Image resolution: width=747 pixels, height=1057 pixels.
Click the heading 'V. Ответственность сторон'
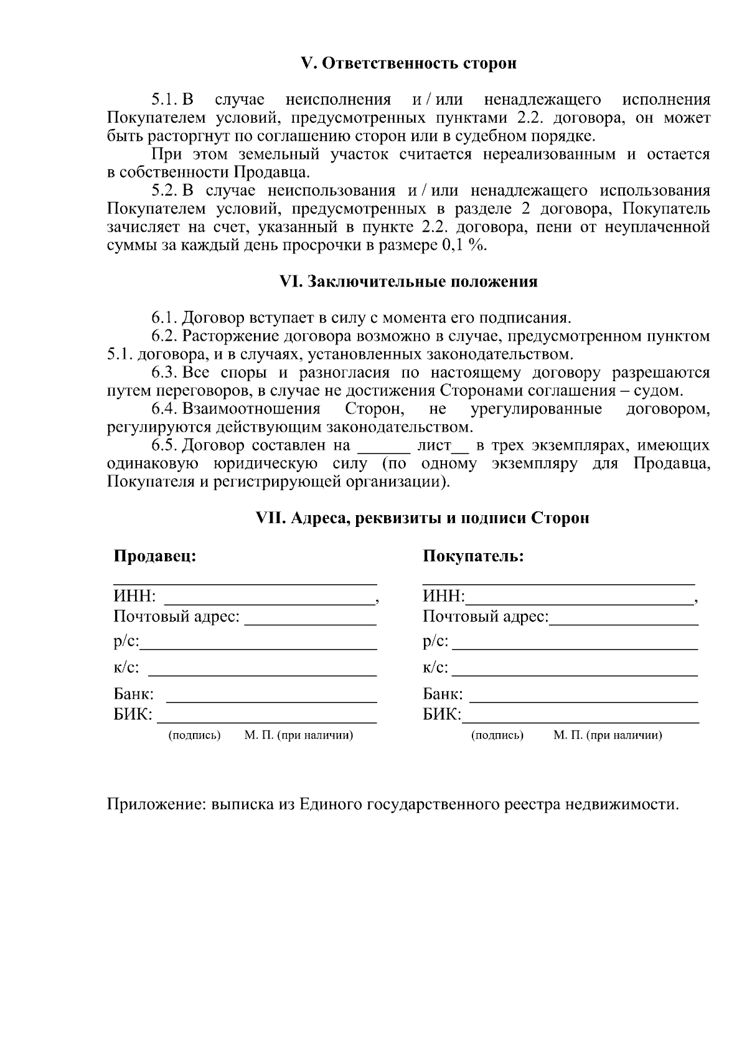pyautogui.click(x=408, y=64)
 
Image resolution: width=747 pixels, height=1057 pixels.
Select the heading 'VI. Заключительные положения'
pyautogui.click(x=408, y=282)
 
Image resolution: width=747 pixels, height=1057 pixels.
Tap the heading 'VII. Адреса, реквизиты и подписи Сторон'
pyautogui.click(x=423, y=518)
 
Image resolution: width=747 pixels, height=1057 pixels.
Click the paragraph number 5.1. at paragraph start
pyautogui.click(x=165, y=100)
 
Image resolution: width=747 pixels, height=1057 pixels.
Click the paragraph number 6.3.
pyautogui.click(x=165, y=373)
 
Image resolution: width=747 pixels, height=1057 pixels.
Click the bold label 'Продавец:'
pyautogui.click(x=154, y=556)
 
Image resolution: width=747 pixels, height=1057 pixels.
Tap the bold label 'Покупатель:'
pyautogui.click(x=473, y=556)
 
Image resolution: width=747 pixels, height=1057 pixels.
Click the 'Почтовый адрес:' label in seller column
pyautogui.click(x=176, y=617)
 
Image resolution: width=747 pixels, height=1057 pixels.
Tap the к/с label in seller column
pyautogui.click(x=126, y=668)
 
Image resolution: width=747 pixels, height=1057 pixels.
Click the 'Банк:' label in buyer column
pyautogui.click(x=443, y=694)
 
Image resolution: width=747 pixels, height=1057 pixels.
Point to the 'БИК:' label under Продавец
pyautogui.click(x=133, y=714)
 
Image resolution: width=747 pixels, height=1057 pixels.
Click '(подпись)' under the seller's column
pyautogui.click(x=194, y=736)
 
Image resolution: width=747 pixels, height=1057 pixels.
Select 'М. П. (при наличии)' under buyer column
pyautogui.click(x=608, y=736)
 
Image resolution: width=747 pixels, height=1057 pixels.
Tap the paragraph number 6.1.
pyautogui.click(x=165, y=318)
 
